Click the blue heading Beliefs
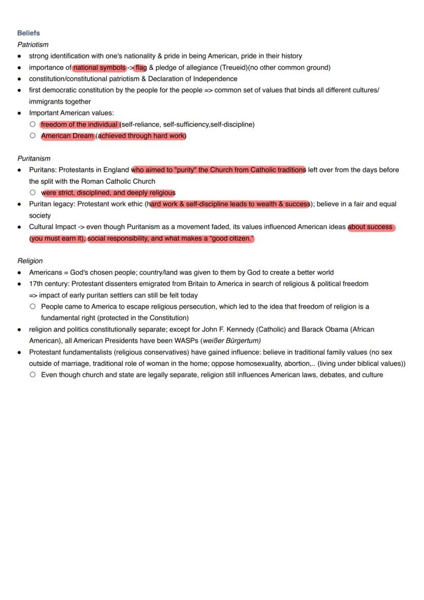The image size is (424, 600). pos(28,33)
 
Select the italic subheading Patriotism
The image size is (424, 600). pos(33,45)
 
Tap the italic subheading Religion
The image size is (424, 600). pos(30,261)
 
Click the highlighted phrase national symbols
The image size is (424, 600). pos(99,68)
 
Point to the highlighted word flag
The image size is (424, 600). pos(141,68)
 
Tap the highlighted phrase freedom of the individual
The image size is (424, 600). pos(79,125)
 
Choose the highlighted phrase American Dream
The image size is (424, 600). pos(67,136)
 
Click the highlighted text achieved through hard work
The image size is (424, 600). pos(141,136)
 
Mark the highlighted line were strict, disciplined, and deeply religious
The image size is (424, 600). pos(108,193)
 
